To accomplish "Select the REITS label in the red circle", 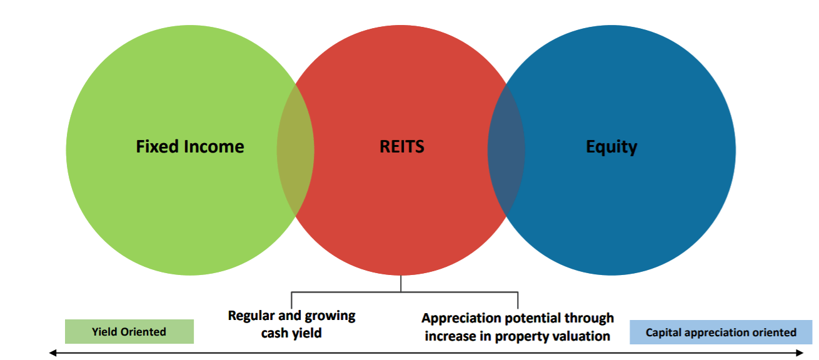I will [401, 147].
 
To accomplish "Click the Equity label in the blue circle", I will [611, 147].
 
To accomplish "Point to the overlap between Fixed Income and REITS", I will [296, 150].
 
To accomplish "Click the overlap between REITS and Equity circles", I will [506, 150].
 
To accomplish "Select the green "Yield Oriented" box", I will [129, 332].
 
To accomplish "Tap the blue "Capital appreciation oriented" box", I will [721, 332].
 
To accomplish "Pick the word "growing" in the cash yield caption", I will [329, 316].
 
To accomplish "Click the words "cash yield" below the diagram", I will [291, 333].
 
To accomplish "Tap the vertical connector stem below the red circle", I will [401, 283].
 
